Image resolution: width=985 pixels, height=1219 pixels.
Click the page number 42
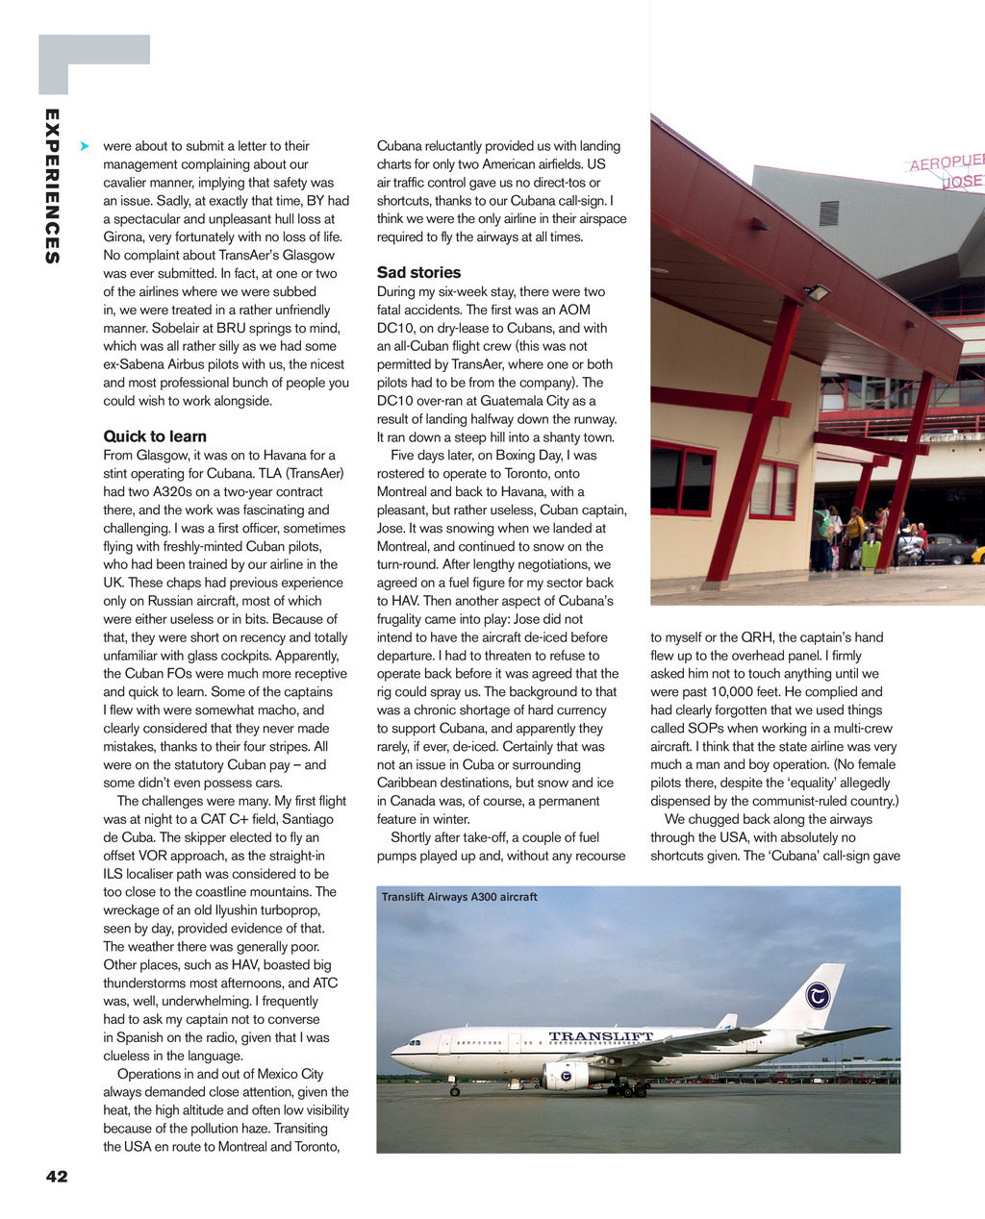[57, 1176]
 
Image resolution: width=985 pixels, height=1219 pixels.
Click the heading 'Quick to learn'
[155, 436]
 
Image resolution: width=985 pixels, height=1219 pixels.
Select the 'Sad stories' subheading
[418, 272]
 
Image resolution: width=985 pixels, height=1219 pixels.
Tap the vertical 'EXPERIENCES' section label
[52, 187]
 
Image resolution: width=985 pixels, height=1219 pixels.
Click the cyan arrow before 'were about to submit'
[85, 146]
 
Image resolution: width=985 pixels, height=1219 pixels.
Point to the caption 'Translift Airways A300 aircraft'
[460, 897]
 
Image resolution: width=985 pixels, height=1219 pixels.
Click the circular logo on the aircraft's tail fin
[818, 996]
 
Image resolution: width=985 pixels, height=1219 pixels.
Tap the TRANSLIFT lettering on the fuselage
[600, 1037]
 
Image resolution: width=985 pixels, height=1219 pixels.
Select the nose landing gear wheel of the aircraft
[455, 1091]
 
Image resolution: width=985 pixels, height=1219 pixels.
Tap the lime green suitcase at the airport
[871, 555]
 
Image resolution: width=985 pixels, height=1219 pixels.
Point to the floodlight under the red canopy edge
[819, 291]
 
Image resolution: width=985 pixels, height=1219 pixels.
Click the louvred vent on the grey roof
[828, 213]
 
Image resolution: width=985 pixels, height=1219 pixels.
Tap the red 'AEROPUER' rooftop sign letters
[947, 162]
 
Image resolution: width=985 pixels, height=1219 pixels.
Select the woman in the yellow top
[853, 528]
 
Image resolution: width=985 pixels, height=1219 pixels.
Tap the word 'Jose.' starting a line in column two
[394, 528]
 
